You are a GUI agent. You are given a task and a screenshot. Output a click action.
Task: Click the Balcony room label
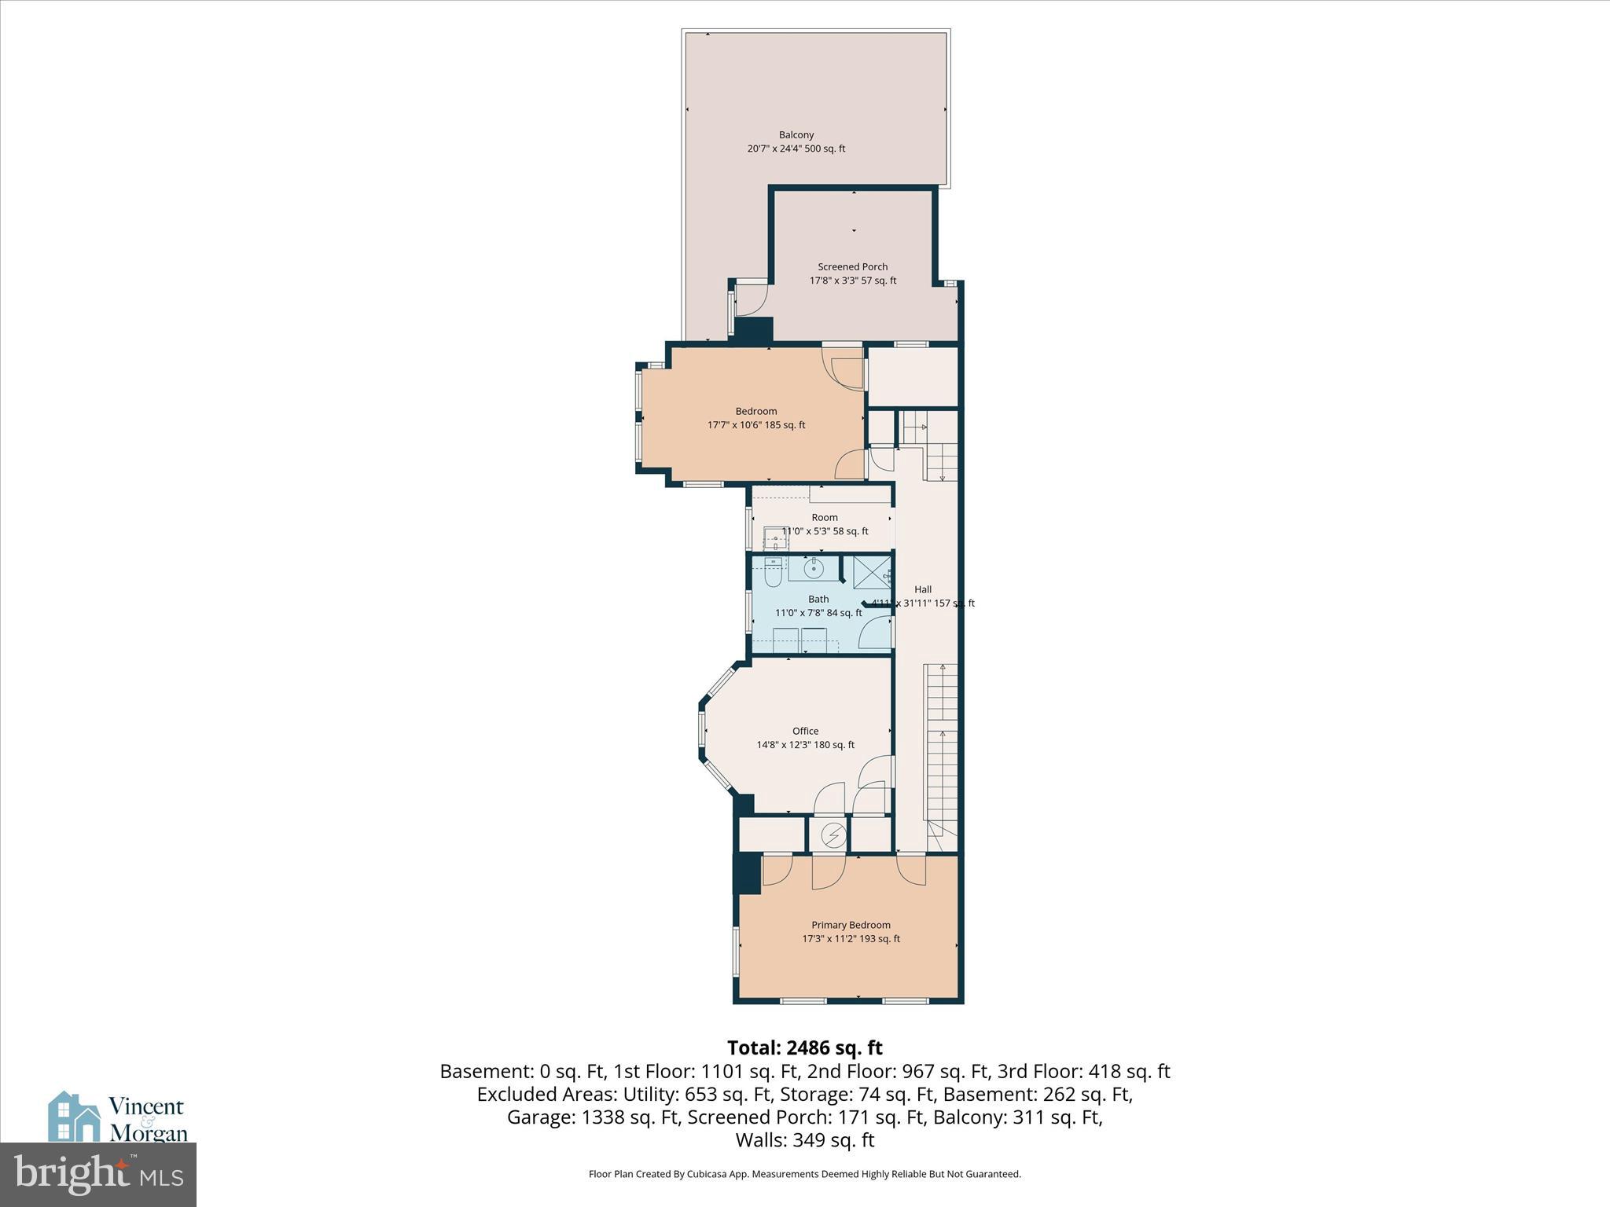click(x=796, y=135)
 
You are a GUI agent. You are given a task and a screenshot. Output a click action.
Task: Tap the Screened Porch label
click(x=852, y=267)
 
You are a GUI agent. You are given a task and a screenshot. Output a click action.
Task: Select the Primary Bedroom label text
click(x=851, y=925)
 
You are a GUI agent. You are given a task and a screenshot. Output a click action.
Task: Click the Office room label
click(x=805, y=731)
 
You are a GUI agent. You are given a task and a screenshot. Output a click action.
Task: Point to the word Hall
click(x=922, y=589)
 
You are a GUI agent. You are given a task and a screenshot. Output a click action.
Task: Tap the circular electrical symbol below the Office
click(x=832, y=834)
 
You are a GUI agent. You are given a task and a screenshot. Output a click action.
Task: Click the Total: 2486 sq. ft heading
click(x=804, y=1048)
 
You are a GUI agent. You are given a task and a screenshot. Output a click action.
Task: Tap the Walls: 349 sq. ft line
click(x=804, y=1139)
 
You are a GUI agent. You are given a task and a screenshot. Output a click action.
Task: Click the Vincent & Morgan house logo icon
click(x=74, y=1117)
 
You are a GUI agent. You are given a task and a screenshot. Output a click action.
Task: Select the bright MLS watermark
click(x=97, y=1174)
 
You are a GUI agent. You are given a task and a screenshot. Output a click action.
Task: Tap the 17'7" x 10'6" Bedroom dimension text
click(x=755, y=425)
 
